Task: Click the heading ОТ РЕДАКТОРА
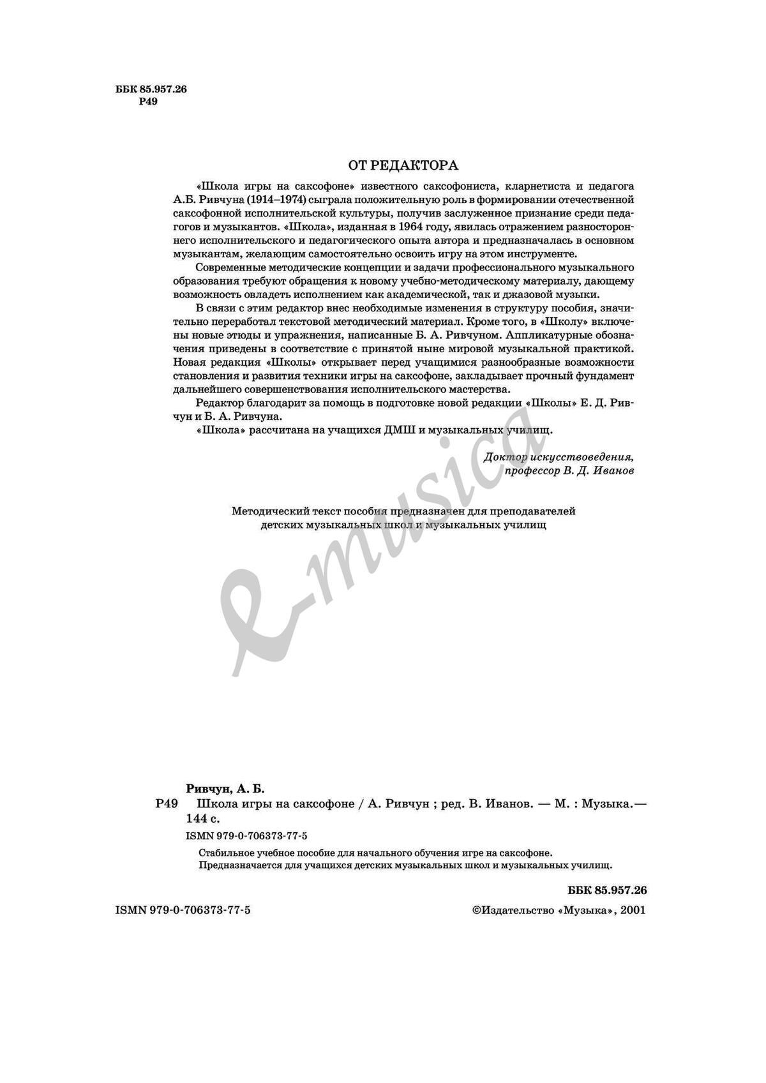click(x=403, y=166)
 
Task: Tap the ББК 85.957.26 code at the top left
click(x=151, y=90)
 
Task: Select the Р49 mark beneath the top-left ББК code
click(x=148, y=101)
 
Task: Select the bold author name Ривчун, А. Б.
click(x=220, y=789)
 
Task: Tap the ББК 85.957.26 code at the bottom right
click(x=606, y=890)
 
